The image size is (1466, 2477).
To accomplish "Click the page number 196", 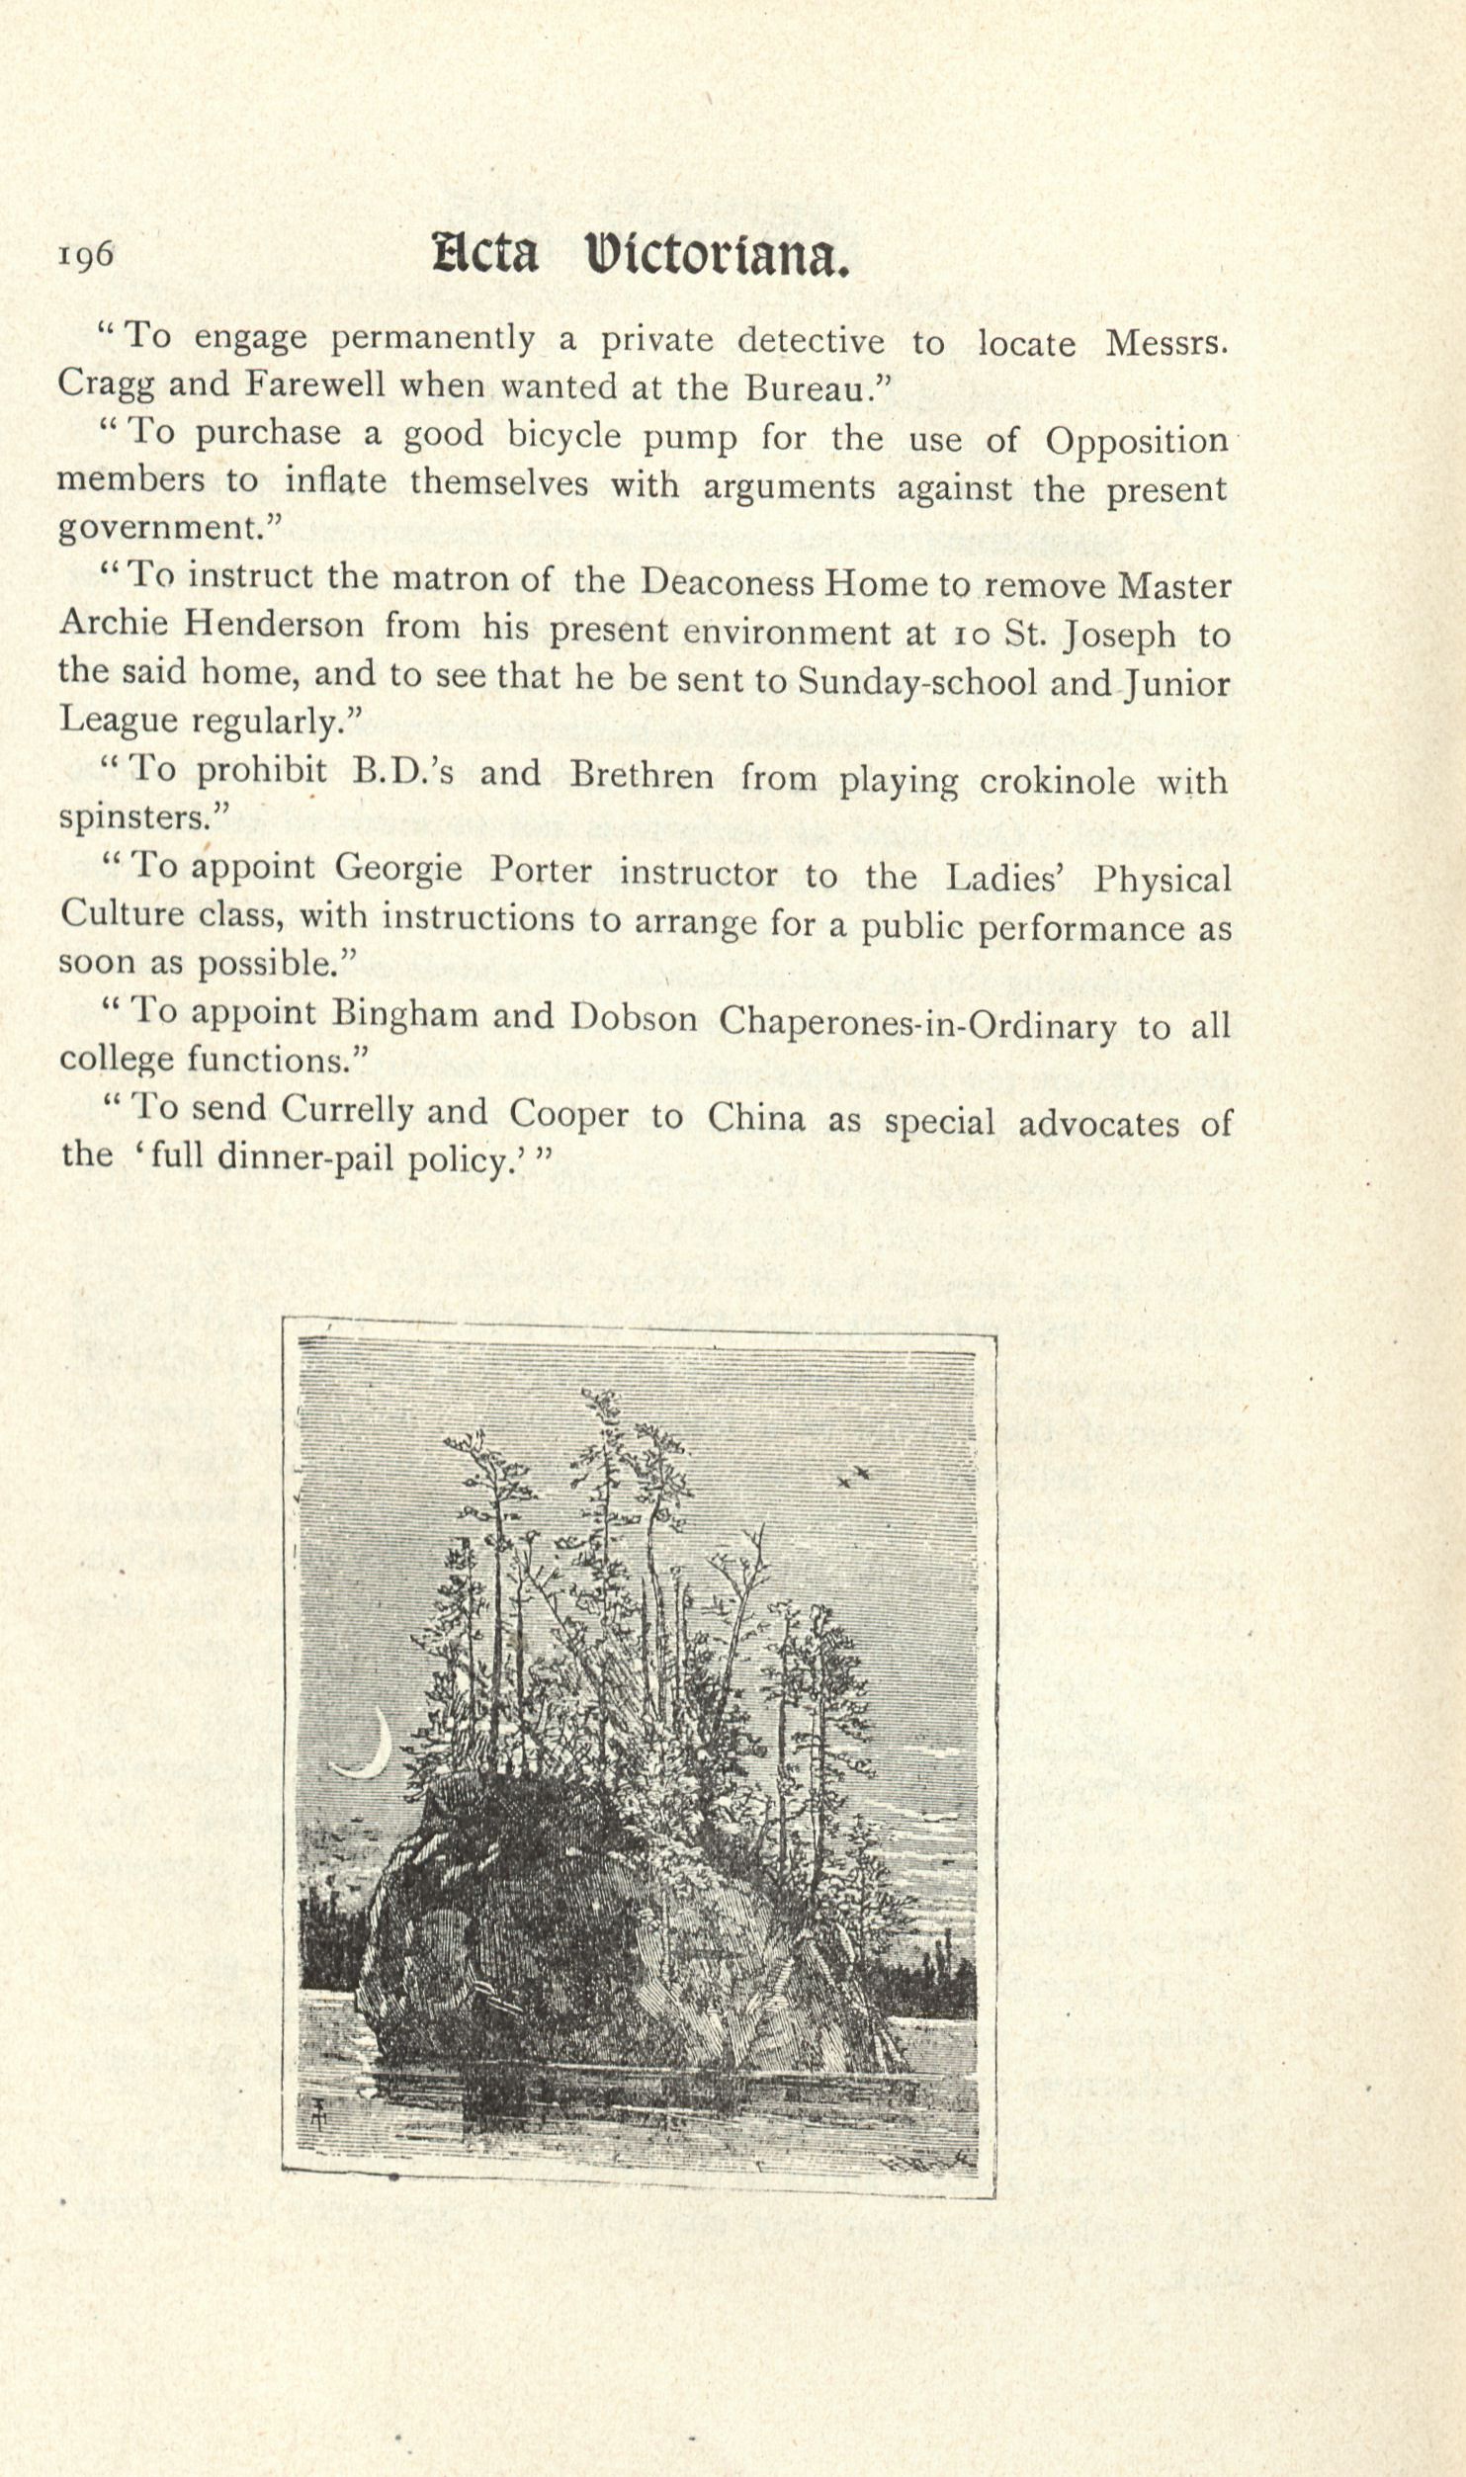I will coord(86,255).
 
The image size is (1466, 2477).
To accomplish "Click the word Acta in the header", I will coord(485,256).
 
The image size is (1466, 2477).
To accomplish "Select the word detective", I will coord(811,341).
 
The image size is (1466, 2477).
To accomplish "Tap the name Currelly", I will coord(346,1111).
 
